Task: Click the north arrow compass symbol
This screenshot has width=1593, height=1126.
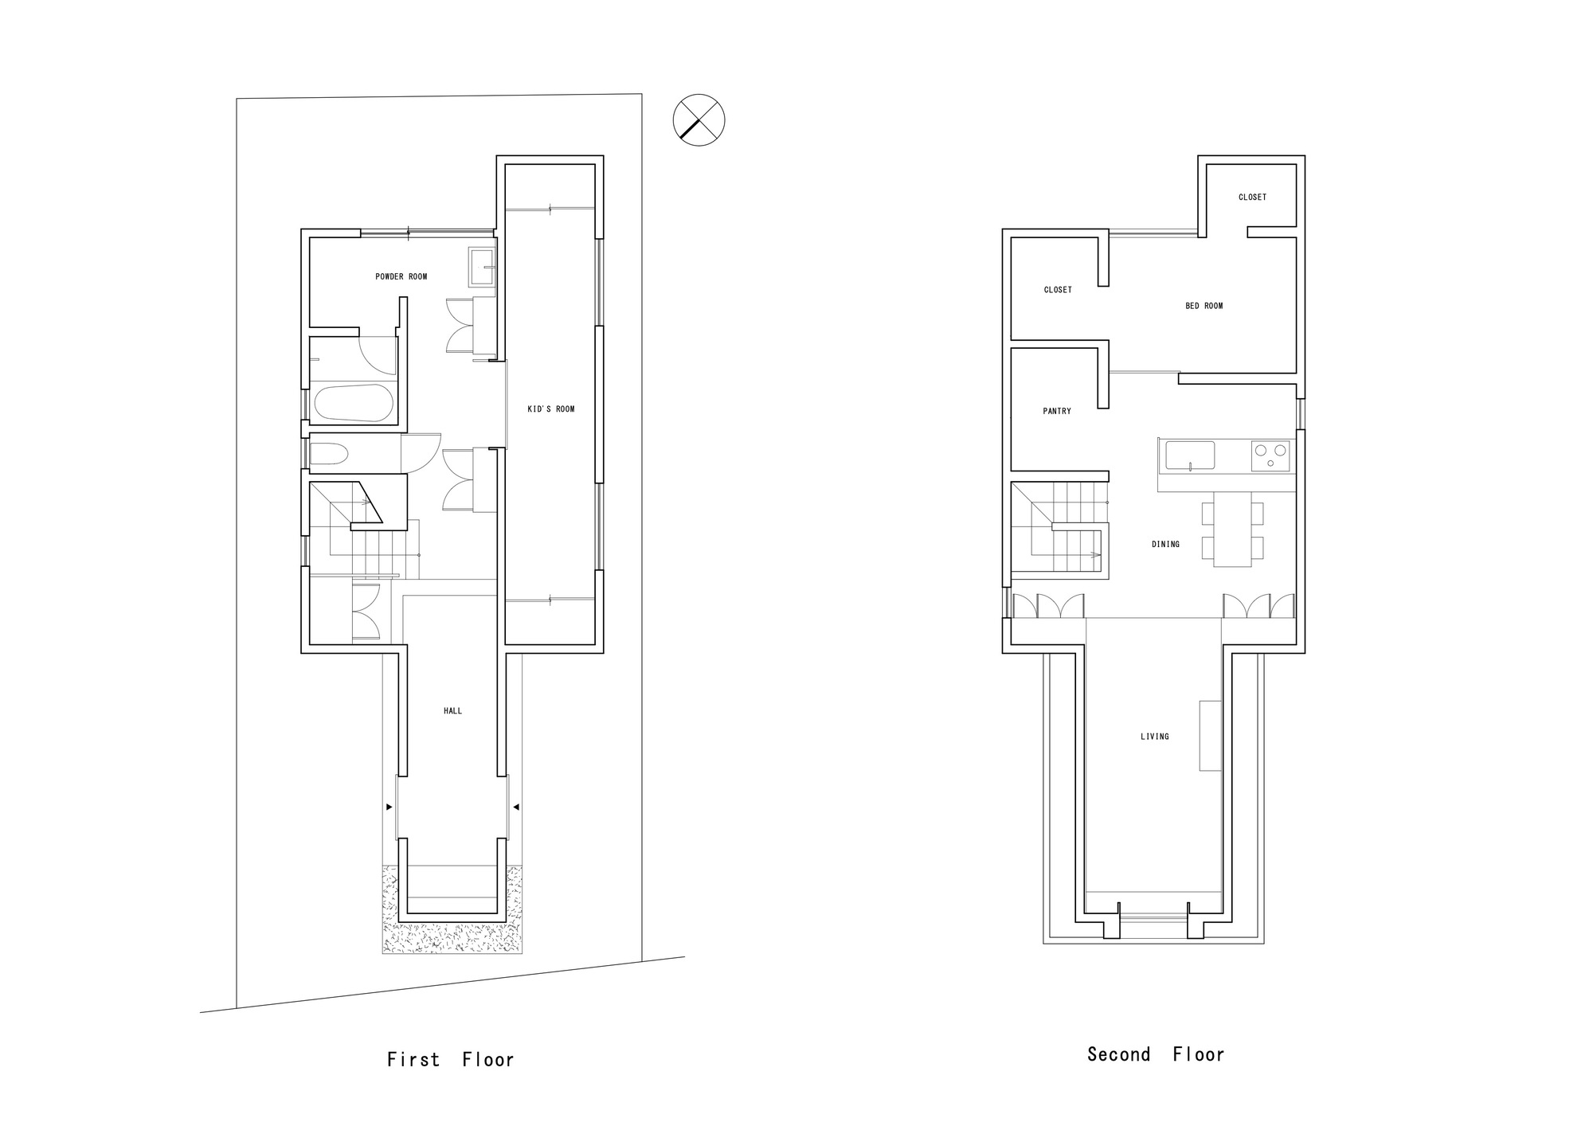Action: point(699,120)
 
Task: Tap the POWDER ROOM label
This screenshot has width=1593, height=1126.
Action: point(401,277)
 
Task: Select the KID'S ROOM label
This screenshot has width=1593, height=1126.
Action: point(550,409)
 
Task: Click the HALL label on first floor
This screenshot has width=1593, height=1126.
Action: point(452,711)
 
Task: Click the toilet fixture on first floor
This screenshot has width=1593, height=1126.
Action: point(328,455)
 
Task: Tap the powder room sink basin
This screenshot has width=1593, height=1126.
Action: point(480,266)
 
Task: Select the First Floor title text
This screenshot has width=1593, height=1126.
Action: point(451,1060)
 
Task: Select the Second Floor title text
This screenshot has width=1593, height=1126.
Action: point(1156,1055)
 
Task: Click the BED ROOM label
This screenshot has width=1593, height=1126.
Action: point(1204,306)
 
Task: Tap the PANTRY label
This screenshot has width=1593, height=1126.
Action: point(1057,412)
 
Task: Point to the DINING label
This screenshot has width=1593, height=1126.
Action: point(1165,545)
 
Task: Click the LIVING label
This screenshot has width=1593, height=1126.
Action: point(1154,737)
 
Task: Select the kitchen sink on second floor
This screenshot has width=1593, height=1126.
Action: point(1190,455)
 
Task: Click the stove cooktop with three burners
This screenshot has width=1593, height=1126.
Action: point(1270,456)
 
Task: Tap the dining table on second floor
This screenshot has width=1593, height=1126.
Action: point(1231,529)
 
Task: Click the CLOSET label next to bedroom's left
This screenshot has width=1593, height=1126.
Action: point(1058,290)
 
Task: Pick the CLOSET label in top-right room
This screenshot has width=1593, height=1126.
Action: point(1252,197)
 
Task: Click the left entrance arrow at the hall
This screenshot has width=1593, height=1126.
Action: point(389,807)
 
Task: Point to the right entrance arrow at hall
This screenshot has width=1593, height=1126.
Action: point(517,807)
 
